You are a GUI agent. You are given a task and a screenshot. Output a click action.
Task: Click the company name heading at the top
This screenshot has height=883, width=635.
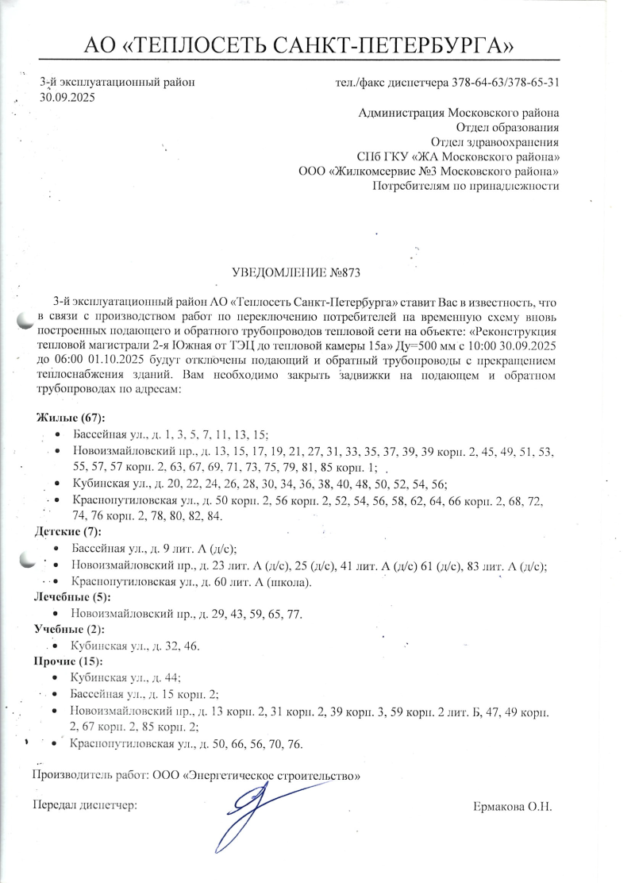303,44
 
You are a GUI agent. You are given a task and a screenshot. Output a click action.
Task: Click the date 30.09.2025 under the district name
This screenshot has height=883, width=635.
67,97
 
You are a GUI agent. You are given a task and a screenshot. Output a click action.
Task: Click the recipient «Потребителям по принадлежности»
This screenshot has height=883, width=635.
466,187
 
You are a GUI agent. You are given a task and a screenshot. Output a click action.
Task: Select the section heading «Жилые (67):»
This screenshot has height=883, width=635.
71,418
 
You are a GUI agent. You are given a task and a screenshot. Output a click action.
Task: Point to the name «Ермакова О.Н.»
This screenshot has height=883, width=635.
511,807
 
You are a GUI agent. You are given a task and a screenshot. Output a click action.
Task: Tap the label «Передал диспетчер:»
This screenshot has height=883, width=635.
84,805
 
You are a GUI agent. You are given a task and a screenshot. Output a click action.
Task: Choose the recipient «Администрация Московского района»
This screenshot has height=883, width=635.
459,112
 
